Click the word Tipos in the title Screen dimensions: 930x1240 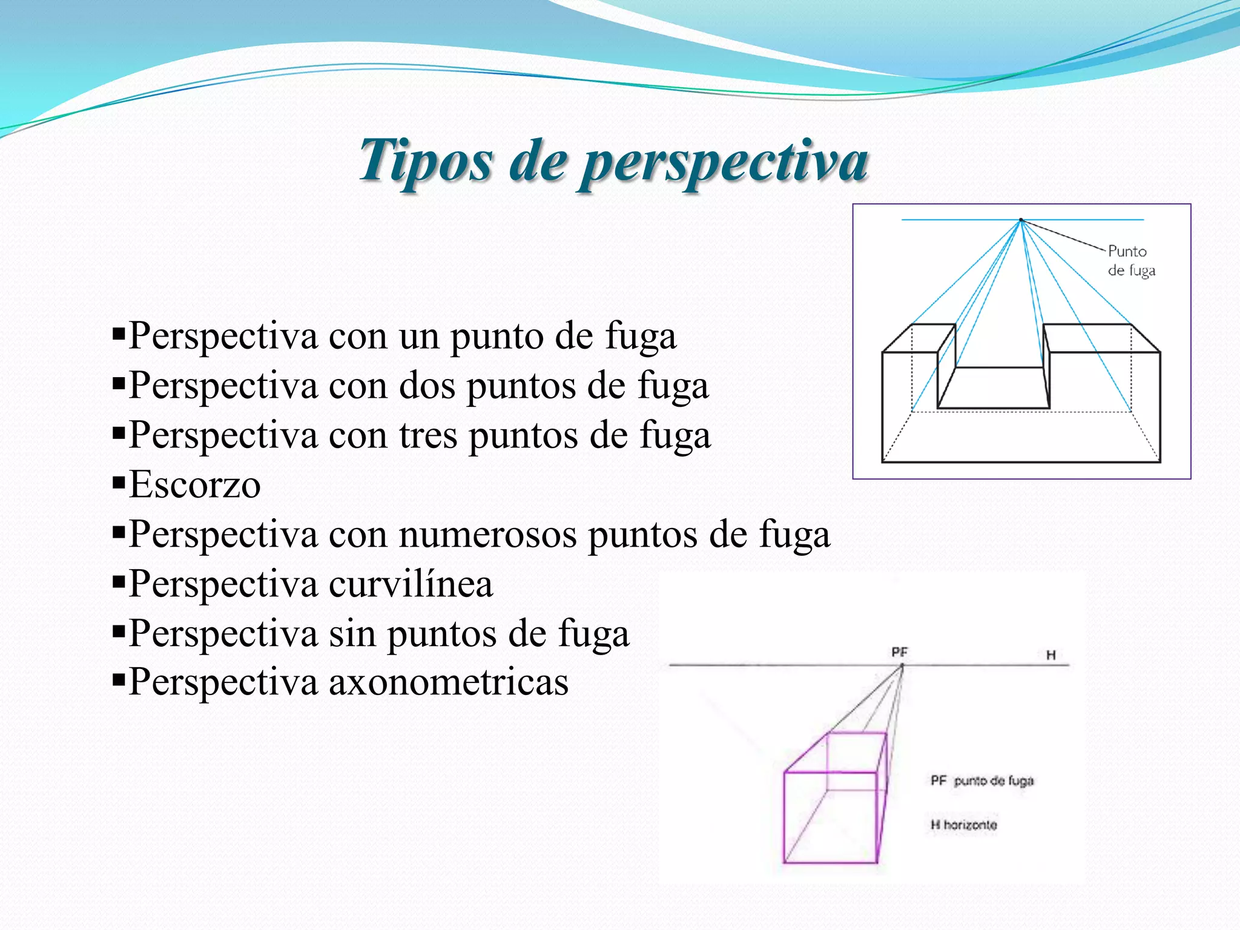click(x=426, y=160)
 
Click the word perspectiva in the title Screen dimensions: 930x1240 click(x=724, y=162)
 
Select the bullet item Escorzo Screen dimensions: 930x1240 click(x=195, y=484)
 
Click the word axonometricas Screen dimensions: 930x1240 click(x=449, y=682)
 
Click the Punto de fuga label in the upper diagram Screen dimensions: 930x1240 click(x=1131, y=260)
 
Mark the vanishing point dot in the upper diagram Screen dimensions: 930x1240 click(x=1021, y=220)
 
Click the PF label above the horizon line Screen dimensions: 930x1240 click(x=899, y=652)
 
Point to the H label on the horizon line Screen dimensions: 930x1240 click(x=1051, y=655)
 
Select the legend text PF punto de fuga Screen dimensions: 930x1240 click(x=981, y=780)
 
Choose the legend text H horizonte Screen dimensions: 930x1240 click(x=963, y=825)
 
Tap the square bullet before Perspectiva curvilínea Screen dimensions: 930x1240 click(x=119, y=582)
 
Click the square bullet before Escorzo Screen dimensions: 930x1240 click(x=119, y=483)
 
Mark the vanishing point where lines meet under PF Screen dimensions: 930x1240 click(x=902, y=665)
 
